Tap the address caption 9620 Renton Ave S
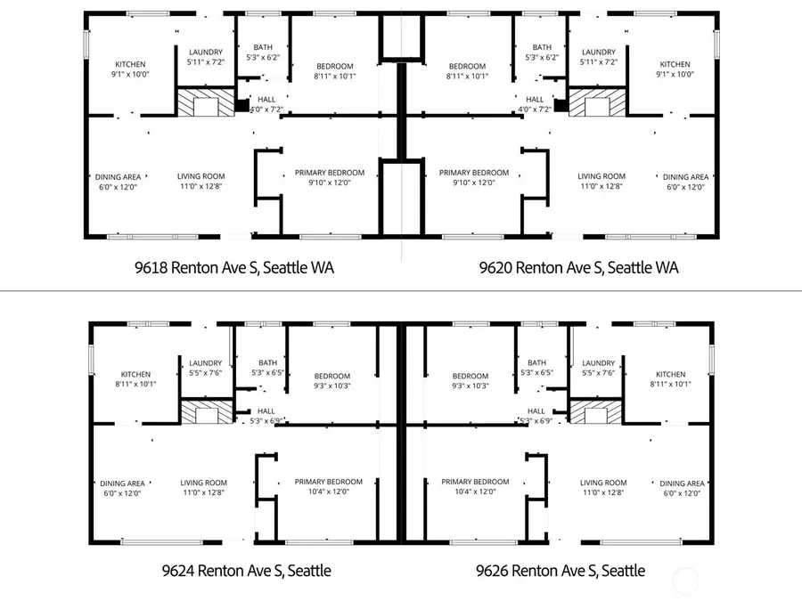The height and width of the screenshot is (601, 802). pyautogui.click(x=578, y=267)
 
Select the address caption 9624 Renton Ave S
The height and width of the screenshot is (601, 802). pyautogui.click(x=246, y=570)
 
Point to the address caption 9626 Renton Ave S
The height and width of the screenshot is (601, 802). pyautogui.click(x=561, y=570)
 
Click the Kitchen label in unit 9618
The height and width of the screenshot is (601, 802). pyautogui.click(x=130, y=64)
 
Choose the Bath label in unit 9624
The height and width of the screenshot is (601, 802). pyautogui.click(x=267, y=362)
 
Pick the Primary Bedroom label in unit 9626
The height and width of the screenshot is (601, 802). pyautogui.click(x=475, y=482)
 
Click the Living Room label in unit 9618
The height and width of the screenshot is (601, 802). pyautogui.click(x=200, y=176)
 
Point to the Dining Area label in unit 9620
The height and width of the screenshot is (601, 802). pyautogui.click(x=685, y=177)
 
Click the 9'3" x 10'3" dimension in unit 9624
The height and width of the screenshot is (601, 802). pyautogui.click(x=331, y=386)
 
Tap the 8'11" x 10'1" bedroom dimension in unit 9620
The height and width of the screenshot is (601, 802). pyautogui.click(x=468, y=77)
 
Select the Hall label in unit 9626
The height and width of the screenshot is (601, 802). pyautogui.click(x=536, y=410)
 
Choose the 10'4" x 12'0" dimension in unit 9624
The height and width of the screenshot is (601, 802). pyautogui.click(x=329, y=491)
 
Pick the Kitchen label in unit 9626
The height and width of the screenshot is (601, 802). pyautogui.click(x=671, y=374)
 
